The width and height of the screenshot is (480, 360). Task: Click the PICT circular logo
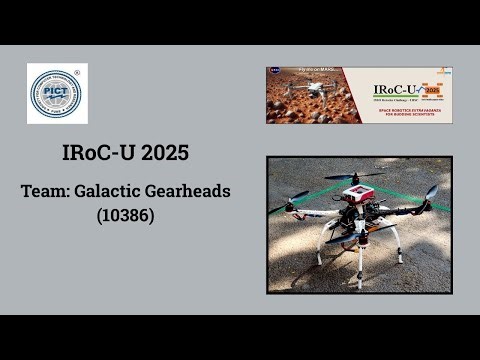[x=57, y=93]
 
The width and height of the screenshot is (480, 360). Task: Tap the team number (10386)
[x=125, y=214]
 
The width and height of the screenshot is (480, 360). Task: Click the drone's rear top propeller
[x=353, y=174]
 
